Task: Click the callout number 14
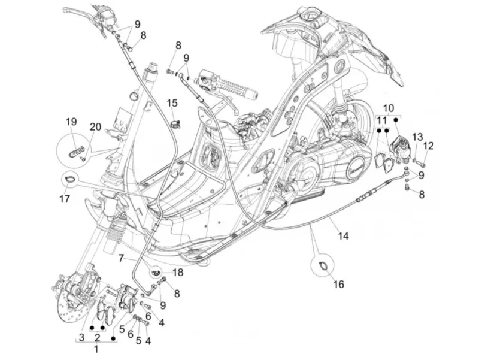click(x=343, y=235)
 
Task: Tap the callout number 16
click(x=339, y=284)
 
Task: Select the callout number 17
click(x=65, y=199)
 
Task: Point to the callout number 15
click(x=172, y=103)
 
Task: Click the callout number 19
click(x=71, y=122)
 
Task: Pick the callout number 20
click(x=95, y=126)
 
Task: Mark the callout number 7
click(x=121, y=258)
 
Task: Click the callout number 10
click(x=388, y=108)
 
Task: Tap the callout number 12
click(x=429, y=146)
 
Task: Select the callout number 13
click(x=417, y=137)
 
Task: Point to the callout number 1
click(x=96, y=349)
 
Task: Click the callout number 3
click(x=81, y=338)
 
